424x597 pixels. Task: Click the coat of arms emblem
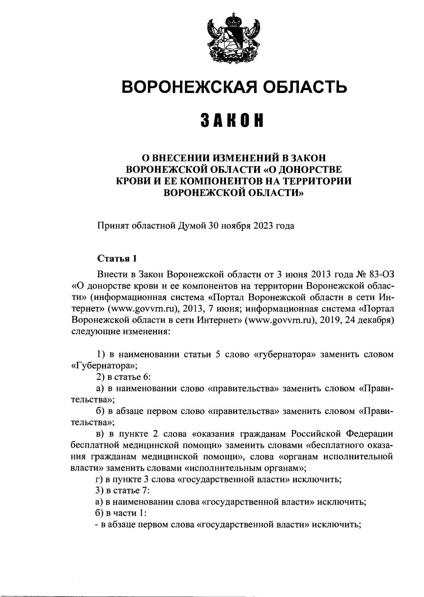click(x=233, y=40)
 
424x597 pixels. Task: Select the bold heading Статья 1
click(x=117, y=258)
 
